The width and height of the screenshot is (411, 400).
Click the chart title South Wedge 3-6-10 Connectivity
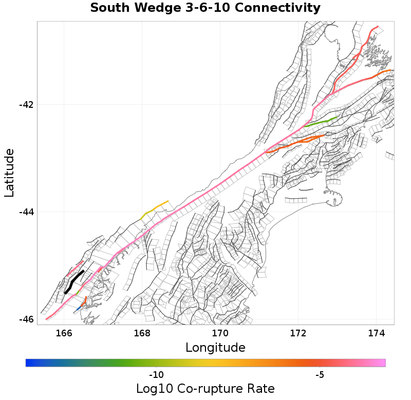[205, 8]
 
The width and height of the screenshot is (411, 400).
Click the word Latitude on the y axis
[9, 173]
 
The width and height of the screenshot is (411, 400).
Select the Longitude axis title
[215, 348]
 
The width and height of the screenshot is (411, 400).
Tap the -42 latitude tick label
[26, 105]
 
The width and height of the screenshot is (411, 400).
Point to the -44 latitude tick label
[26, 212]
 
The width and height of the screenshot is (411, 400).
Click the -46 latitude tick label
[26, 319]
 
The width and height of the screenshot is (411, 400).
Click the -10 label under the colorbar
[156, 375]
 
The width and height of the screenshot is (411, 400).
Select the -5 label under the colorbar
[320, 375]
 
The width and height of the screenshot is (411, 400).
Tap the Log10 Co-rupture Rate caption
[205, 389]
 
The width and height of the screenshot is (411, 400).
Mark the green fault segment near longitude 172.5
[321, 122]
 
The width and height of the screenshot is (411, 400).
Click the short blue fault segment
[78, 309]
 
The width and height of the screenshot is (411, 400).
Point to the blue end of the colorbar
[28, 363]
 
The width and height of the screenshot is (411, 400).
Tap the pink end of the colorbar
[382, 363]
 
